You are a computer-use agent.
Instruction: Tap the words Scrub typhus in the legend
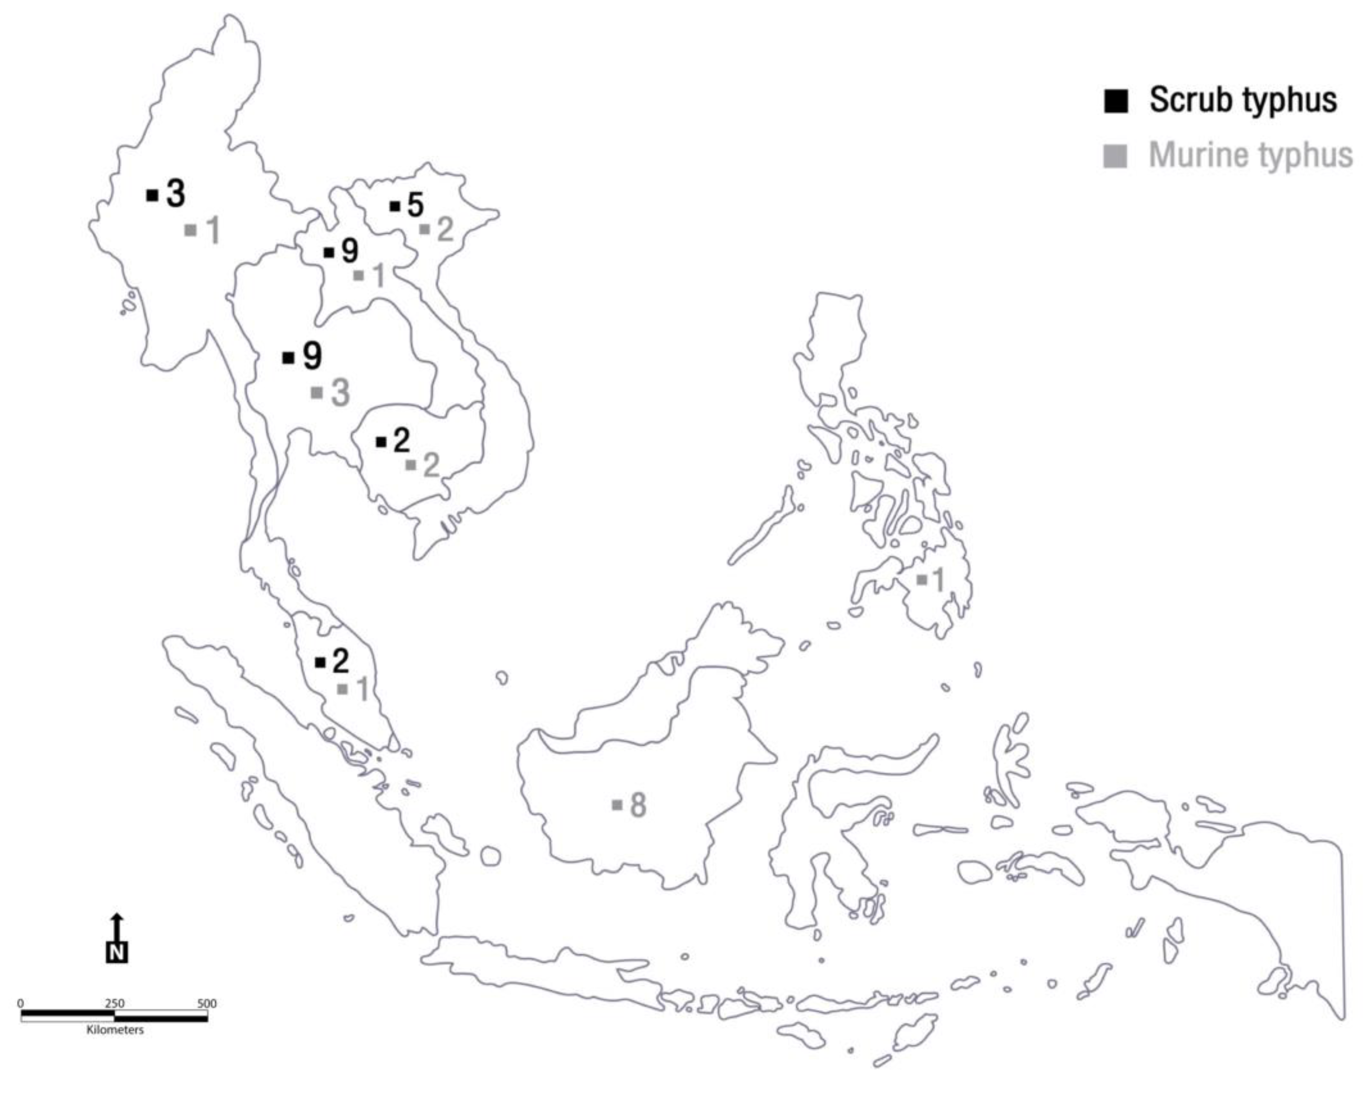pyautogui.click(x=1243, y=100)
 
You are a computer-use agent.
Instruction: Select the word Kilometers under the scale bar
pyautogui.click(x=115, y=1030)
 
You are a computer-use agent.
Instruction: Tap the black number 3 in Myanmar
pyautogui.click(x=176, y=194)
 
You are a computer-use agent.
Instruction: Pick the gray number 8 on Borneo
pyautogui.click(x=638, y=805)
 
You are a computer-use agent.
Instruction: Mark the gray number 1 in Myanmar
pyautogui.click(x=213, y=230)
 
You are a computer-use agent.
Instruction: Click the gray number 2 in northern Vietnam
pyautogui.click(x=445, y=230)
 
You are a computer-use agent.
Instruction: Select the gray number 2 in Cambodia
pyautogui.click(x=431, y=465)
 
